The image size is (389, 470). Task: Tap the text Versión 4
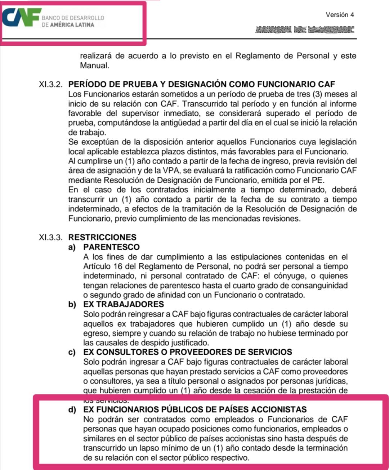pyautogui.click(x=340, y=15)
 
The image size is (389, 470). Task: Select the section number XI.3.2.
pyautogui.click(x=50, y=85)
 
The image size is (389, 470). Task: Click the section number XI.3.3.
pyautogui.click(x=50, y=237)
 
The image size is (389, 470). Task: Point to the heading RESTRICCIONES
pyautogui.click(x=102, y=237)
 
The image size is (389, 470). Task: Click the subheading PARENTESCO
pyautogui.click(x=111, y=247)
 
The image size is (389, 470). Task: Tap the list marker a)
pyautogui.click(x=72, y=247)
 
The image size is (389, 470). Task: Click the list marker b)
pyautogui.click(x=72, y=304)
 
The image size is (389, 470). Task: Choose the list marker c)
pyautogui.click(x=72, y=352)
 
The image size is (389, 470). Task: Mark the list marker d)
pyautogui.click(x=72, y=409)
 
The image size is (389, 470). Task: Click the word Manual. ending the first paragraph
pyautogui.click(x=94, y=66)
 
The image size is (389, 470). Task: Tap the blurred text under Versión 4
pyautogui.click(x=305, y=30)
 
